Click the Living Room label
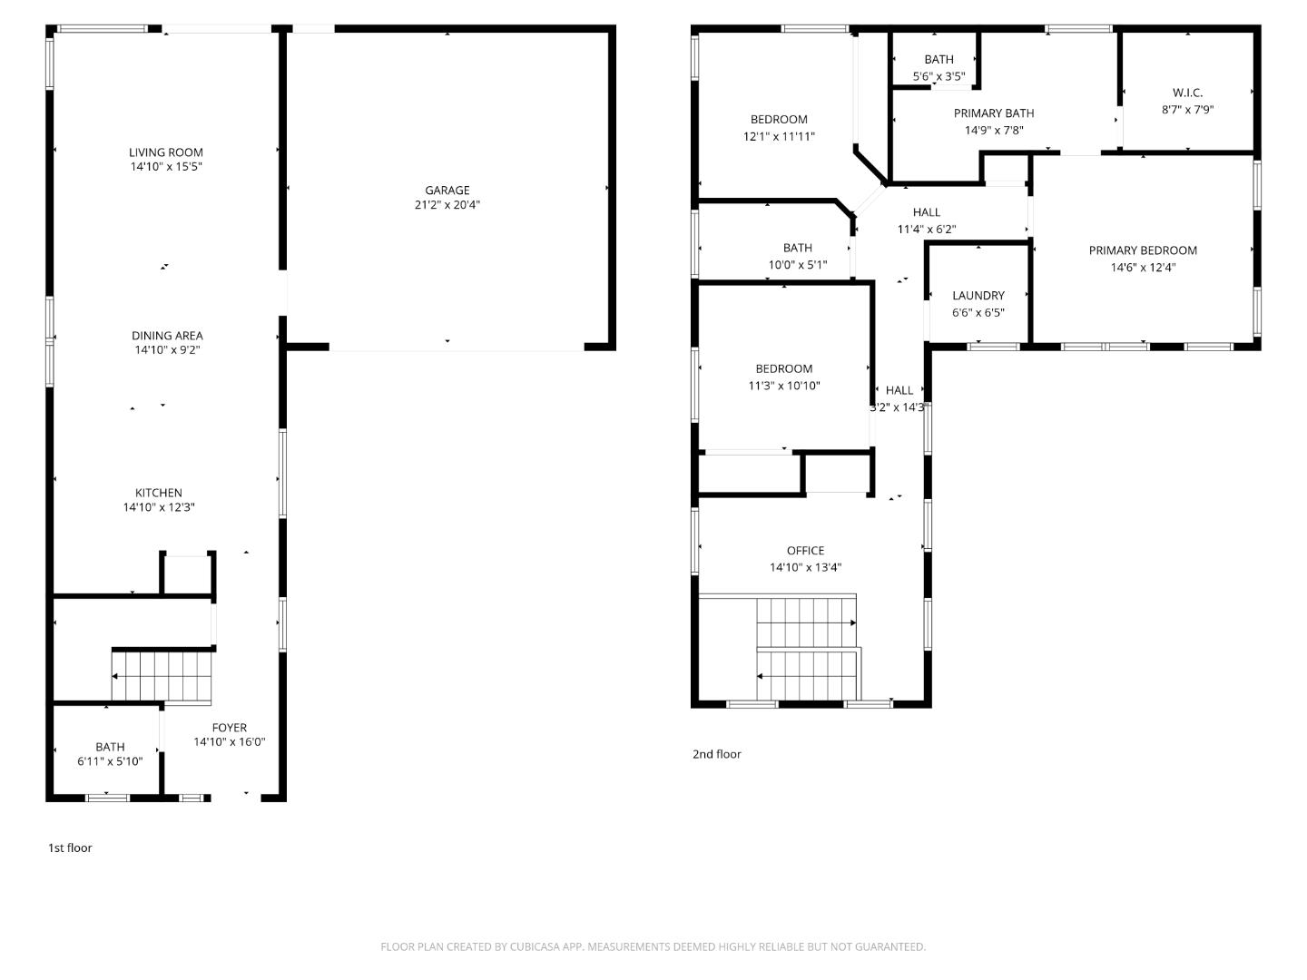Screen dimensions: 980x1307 coord(166,152)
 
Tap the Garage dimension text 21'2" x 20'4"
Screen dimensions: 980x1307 coord(447,205)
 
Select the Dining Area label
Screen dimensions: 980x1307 coord(167,336)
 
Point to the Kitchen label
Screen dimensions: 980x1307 coord(159,493)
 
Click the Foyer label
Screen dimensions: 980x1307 coord(230,728)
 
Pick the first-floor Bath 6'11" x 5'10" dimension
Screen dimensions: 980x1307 coord(110,762)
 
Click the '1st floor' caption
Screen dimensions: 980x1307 coord(70,848)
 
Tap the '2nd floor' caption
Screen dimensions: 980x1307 coord(717,754)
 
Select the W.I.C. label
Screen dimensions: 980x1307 coord(1187,93)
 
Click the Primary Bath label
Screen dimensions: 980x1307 coord(994,113)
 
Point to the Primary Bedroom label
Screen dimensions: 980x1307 coord(1143,250)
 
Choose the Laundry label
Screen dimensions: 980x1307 coord(978,296)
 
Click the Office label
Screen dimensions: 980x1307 coord(806,551)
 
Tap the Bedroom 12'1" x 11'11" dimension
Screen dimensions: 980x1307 coord(779,137)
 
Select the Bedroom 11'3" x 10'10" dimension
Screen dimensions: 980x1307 coord(784,386)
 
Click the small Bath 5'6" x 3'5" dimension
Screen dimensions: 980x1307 coord(938,77)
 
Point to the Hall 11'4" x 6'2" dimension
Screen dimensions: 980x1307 coord(927,230)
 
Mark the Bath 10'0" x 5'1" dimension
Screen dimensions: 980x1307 coord(798,266)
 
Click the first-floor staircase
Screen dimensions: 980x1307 coord(162,677)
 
